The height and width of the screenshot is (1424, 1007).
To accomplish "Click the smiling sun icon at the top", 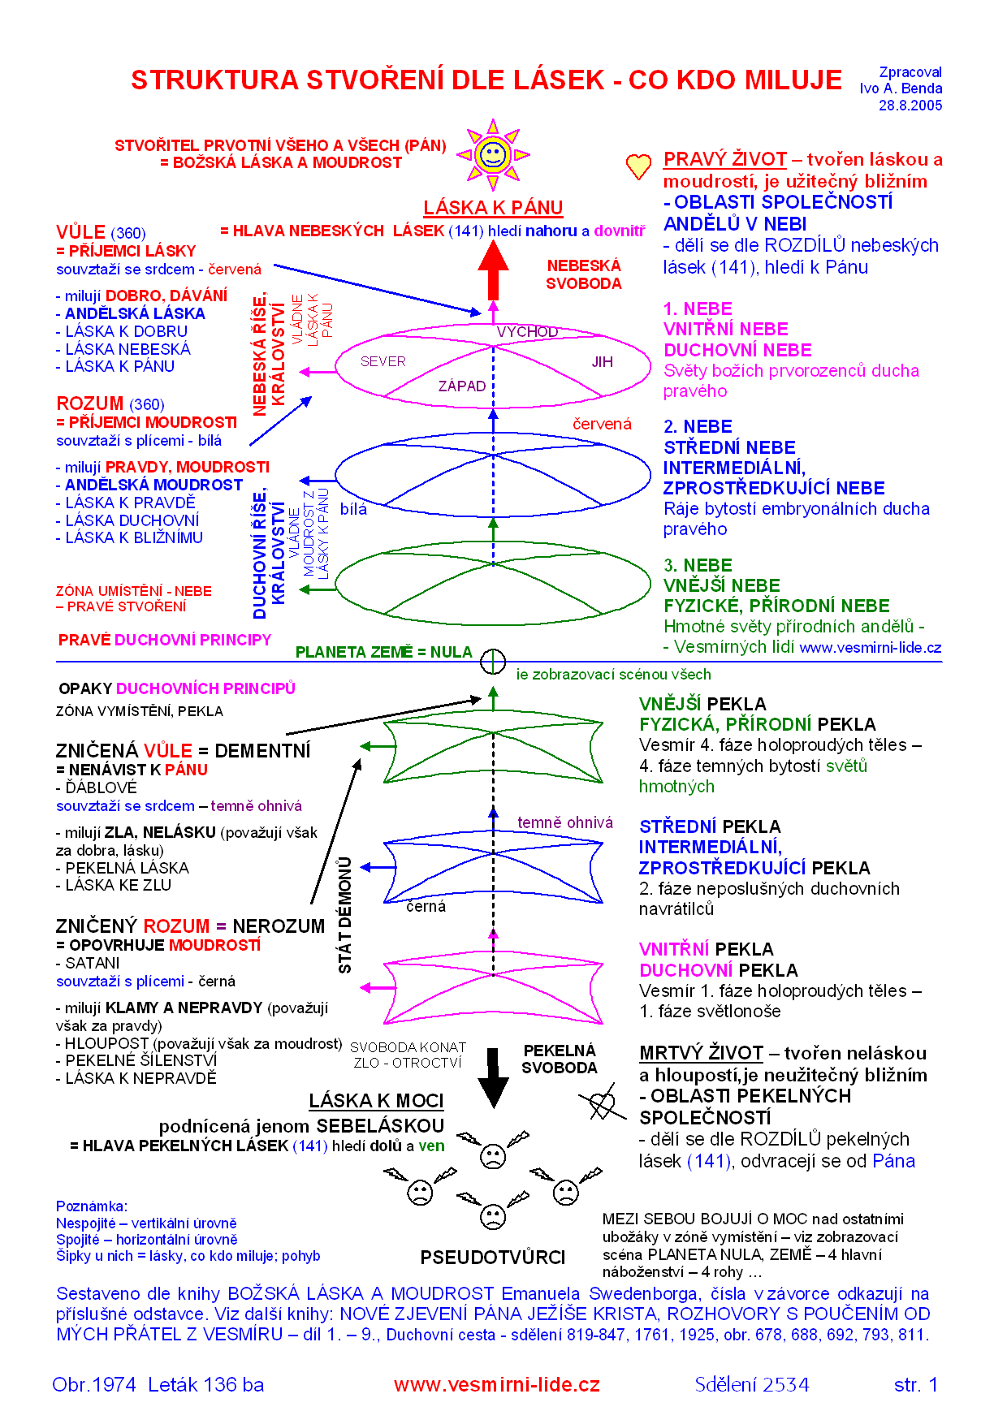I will click(492, 153).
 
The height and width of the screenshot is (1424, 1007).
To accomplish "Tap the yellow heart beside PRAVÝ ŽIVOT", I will click(638, 166).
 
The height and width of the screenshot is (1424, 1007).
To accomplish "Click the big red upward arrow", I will click(493, 269).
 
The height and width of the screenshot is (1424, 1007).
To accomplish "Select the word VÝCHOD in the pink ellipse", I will click(527, 331).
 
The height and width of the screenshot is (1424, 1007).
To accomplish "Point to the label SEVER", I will click(382, 361).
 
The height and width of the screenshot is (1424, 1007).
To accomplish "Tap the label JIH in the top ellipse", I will click(602, 362).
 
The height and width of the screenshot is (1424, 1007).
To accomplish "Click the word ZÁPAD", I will click(461, 386).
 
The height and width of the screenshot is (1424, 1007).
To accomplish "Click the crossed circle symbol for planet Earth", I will click(493, 662).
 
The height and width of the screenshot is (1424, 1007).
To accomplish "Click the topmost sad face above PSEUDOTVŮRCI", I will click(492, 1155).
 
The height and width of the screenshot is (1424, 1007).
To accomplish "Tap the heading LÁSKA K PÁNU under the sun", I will click(493, 208).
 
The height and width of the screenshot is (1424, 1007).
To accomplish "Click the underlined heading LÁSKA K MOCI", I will click(376, 1101).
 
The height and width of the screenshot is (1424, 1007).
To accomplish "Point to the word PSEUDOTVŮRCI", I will click(492, 1258).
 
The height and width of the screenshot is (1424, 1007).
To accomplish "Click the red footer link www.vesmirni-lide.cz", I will click(496, 1385).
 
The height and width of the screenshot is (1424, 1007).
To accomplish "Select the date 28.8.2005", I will click(910, 106).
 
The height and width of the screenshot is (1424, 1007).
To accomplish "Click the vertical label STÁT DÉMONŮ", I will click(345, 915).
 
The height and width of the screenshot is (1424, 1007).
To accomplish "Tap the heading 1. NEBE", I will click(698, 309).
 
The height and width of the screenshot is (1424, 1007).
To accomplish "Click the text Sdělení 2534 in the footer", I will click(752, 1385).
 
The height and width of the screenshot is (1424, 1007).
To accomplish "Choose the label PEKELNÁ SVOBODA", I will click(560, 1059).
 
